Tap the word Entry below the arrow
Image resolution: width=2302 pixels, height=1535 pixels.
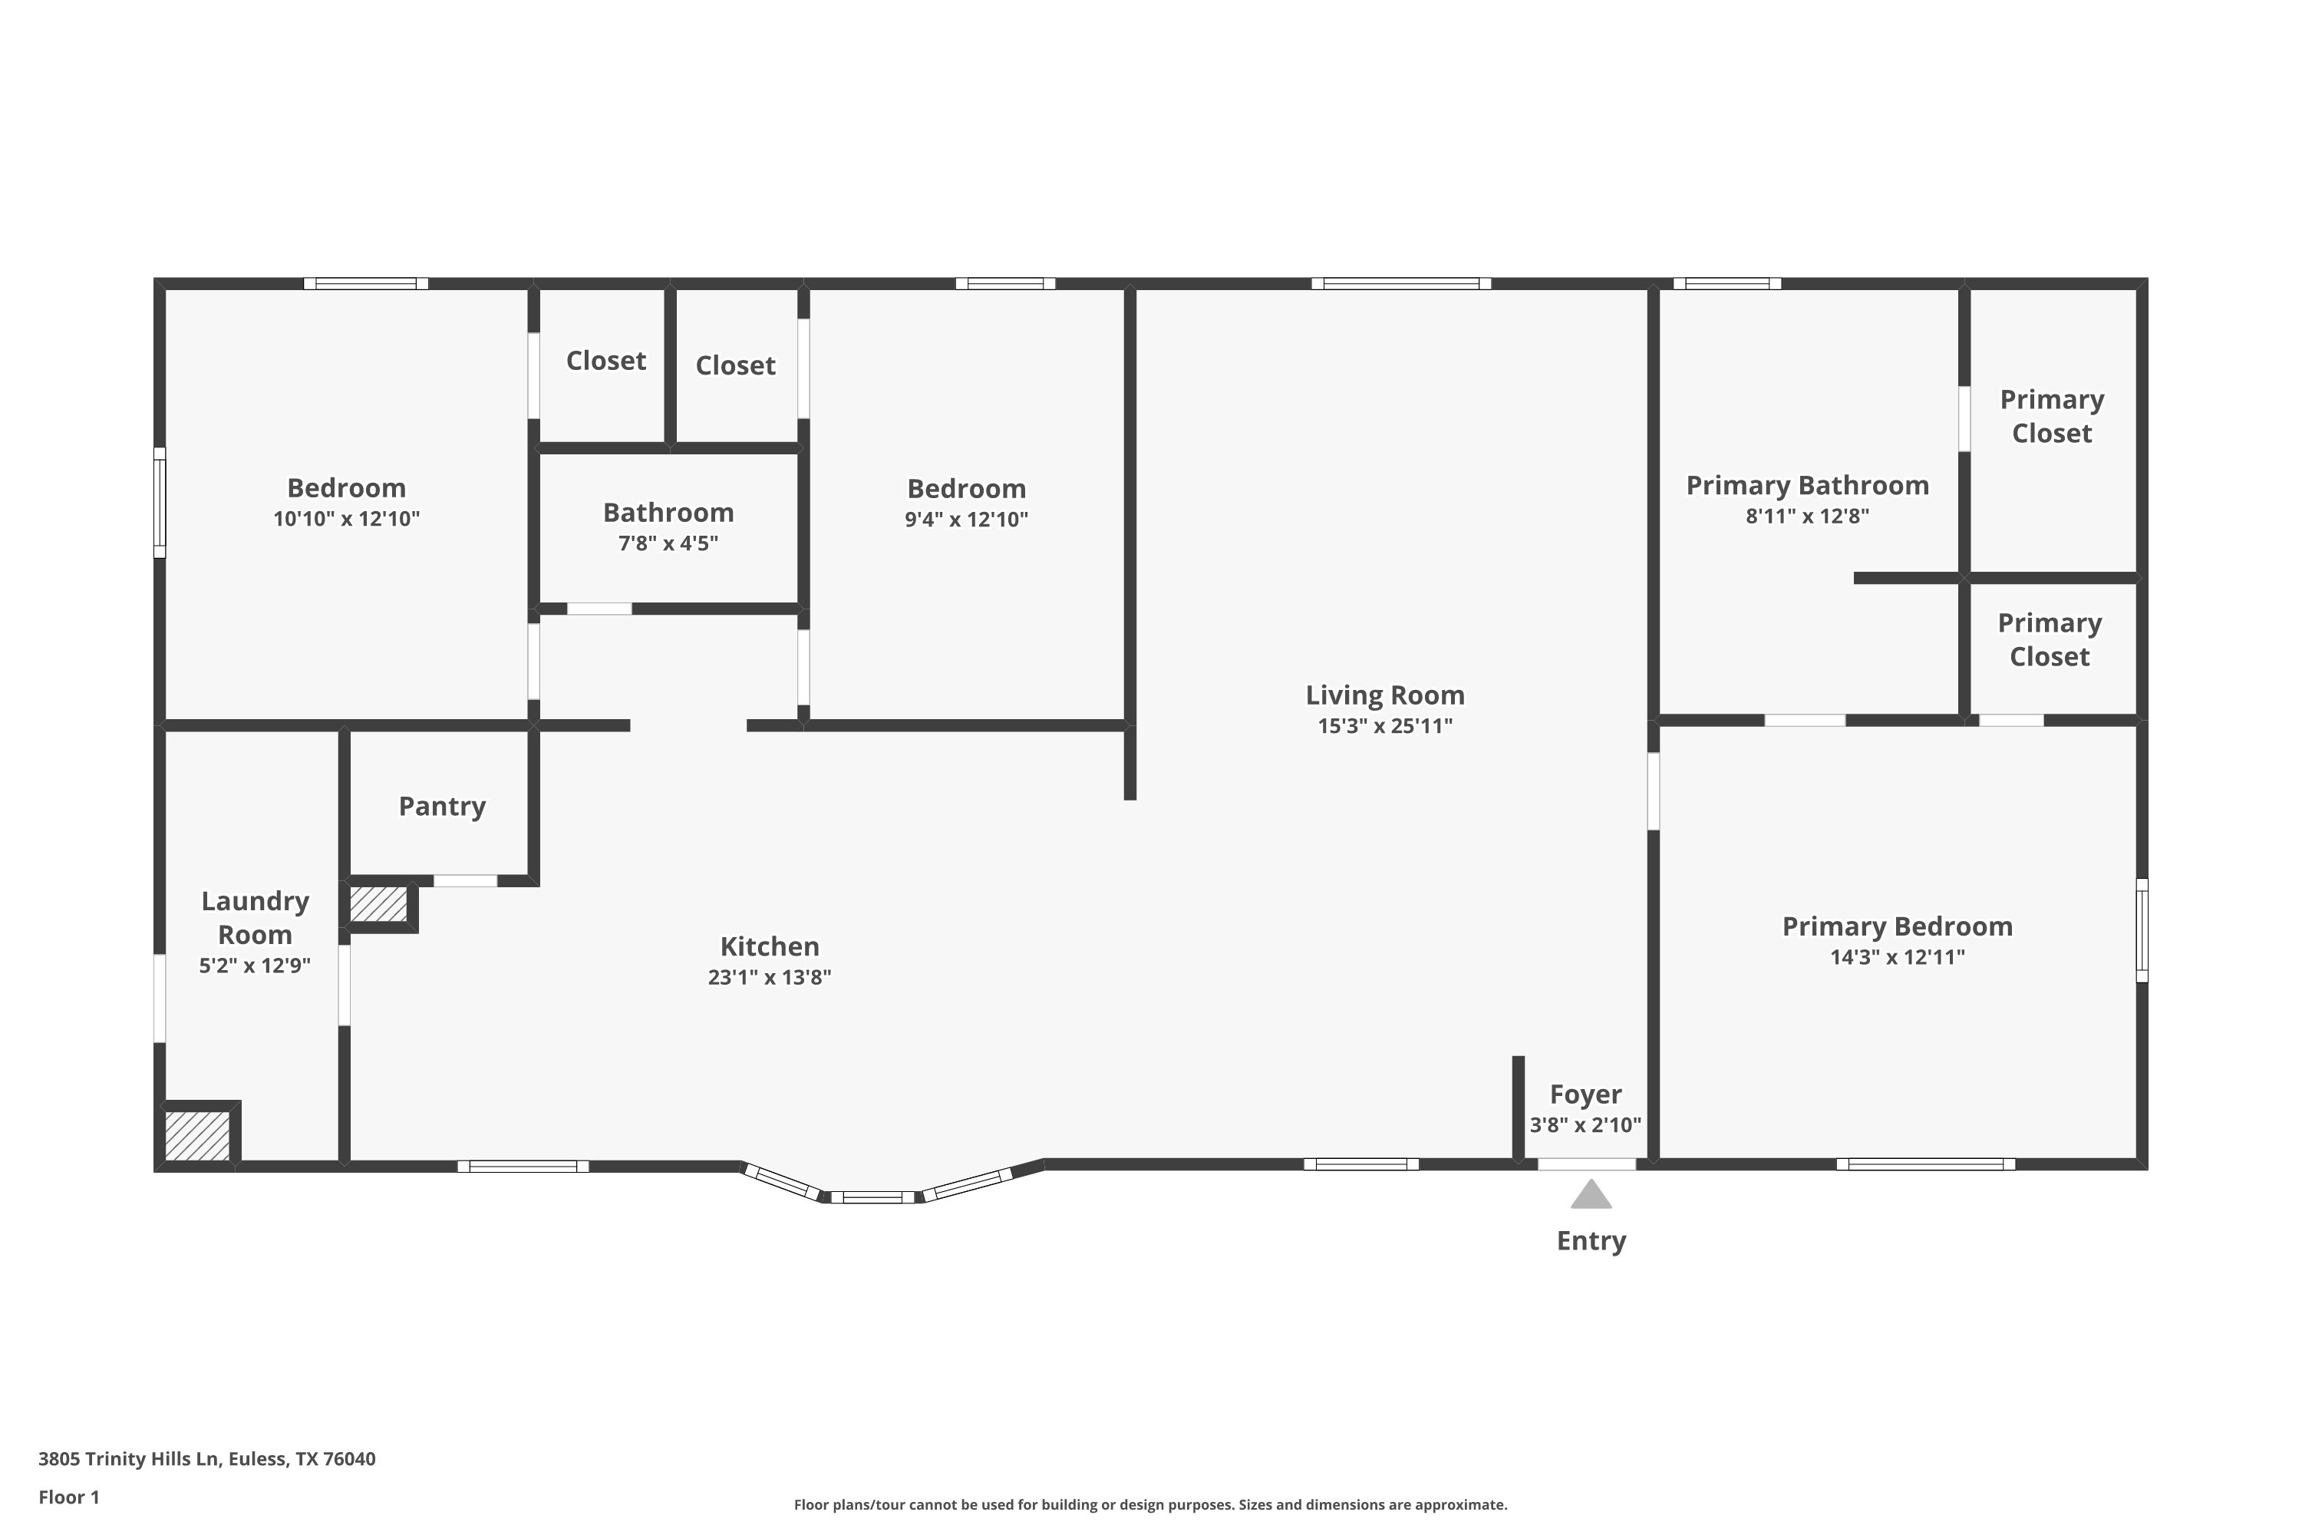pyautogui.click(x=1591, y=1240)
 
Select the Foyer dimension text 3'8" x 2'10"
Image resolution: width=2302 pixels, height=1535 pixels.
pyautogui.click(x=1585, y=1125)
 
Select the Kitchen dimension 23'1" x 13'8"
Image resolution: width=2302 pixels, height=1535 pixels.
pyautogui.click(x=770, y=977)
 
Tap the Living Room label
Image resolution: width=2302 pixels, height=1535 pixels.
pyautogui.click(x=1384, y=695)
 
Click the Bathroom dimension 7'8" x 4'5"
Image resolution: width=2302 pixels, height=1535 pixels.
pyautogui.click(x=668, y=543)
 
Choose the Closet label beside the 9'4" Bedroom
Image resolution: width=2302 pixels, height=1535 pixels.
pyautogui.click(x=735, y=365)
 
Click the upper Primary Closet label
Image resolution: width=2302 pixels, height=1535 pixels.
pyautogui.click(x=2050, y=416)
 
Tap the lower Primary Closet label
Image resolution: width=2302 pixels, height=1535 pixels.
pyautogui.click(x=2049, y=639)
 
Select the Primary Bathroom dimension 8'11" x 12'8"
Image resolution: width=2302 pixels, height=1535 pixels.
pyautogui.click(x=1807, y=516)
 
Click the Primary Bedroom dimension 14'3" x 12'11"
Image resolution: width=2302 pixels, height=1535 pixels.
pyautogui.click(x=1897, y=957)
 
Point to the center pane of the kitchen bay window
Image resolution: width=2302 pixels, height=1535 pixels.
pyautogui.click(x=872, y=1197)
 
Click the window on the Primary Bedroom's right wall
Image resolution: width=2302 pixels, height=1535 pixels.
pyautogui.click(x=2141, y=930)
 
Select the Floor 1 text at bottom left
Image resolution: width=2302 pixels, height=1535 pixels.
pyautogui.click(x=68, y=1497)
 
